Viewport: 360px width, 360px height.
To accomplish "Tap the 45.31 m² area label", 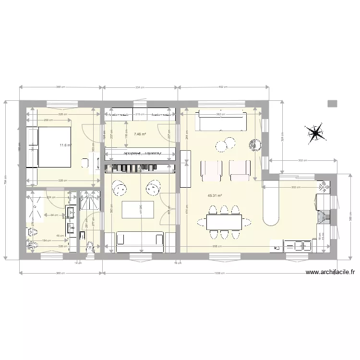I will pyautogui.click(x=215, y=196).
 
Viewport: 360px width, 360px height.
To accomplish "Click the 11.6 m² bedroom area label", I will pyautogui.click(x=65, y=145).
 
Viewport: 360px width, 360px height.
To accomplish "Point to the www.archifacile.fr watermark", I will pyautogui.click(x=330, y=273).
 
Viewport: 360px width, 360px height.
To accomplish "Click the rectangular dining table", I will pyautogui.click(x=225, y=222).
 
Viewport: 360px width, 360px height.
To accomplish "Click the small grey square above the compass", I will pyautogui.click(x=332, y=103).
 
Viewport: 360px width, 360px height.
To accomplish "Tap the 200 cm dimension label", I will pyautogui.click(x=48, y=120).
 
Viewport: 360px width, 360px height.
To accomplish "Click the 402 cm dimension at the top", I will pyautogui.click(x=222, y=87).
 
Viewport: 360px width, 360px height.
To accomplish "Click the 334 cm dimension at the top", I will pyautogui.click(x=140, y=87).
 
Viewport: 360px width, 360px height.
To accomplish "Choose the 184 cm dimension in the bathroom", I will pyautogui.click(x=46, y=240).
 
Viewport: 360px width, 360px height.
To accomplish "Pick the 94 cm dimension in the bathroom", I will pyautogui.click(x=55, y=215).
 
